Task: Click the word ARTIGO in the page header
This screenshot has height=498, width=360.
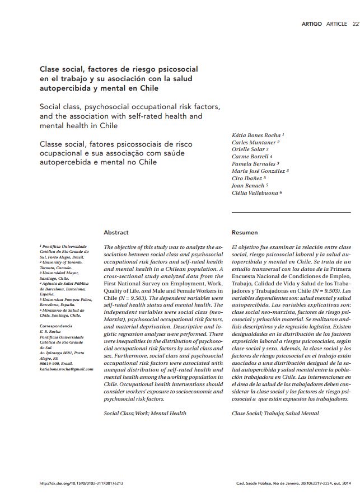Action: pos(311,24)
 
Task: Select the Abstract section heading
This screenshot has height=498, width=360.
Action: pos(116,232)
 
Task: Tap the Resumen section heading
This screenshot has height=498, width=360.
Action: pos(245,232)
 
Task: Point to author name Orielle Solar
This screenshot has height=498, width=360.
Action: pos(250,149)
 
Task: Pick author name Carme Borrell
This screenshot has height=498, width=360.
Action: pos(251,157)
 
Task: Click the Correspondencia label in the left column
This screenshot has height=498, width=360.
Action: pos(56,326)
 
